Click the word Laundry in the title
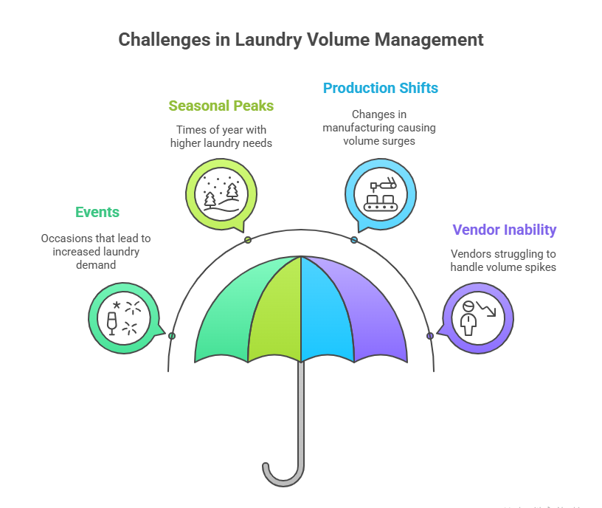click(x=268, y=41)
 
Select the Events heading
click(x=97, y=212)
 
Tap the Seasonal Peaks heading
click(x=221, y=106)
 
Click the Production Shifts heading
click(x=381, y=88)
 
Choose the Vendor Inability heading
click(x=505, y=230)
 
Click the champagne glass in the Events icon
click(x=111, y=323)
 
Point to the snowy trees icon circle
click(x=221, y=194)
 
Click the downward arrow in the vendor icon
click(x=486, y=309)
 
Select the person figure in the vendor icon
click(x=468, y=318)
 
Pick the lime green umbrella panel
click(x=274, y=312)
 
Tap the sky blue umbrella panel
click(x=326, y=312)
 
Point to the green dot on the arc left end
click(x=172, y=336)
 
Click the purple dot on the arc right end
click(x=430, y=336)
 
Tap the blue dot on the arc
click(x=354, y=240)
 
